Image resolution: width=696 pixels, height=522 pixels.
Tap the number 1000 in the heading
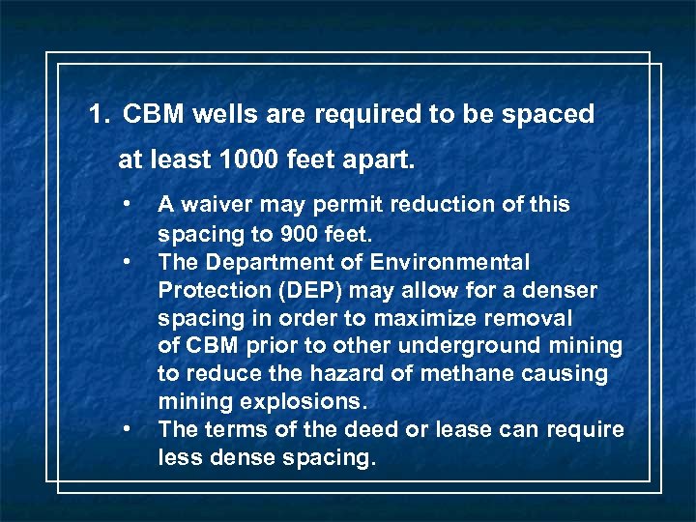pos(250,159)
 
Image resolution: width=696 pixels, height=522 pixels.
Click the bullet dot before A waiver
pos(126,204)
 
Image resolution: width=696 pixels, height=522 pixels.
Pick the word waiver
pos(219,205)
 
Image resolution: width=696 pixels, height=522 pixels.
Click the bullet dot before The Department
pos(126,261)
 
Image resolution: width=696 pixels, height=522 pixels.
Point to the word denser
pos(562,290)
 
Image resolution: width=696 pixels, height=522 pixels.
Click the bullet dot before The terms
pos(126,429)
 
